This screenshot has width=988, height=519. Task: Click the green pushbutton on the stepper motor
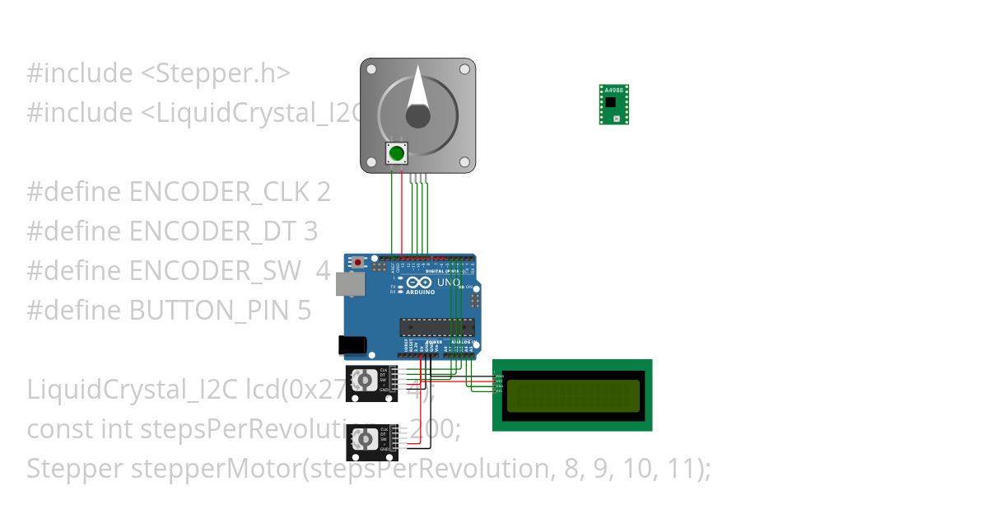(397, 152)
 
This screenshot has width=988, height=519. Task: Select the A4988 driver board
(613, 104)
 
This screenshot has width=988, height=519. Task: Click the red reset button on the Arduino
(358, 262)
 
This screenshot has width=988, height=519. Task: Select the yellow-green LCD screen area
(573, 395)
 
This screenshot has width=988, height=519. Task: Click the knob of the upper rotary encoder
(363, 380)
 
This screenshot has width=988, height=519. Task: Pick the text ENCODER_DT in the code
(212, 231)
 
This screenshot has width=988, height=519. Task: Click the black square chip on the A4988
(610, 102)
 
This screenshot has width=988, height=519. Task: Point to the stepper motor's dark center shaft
(417, 116)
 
